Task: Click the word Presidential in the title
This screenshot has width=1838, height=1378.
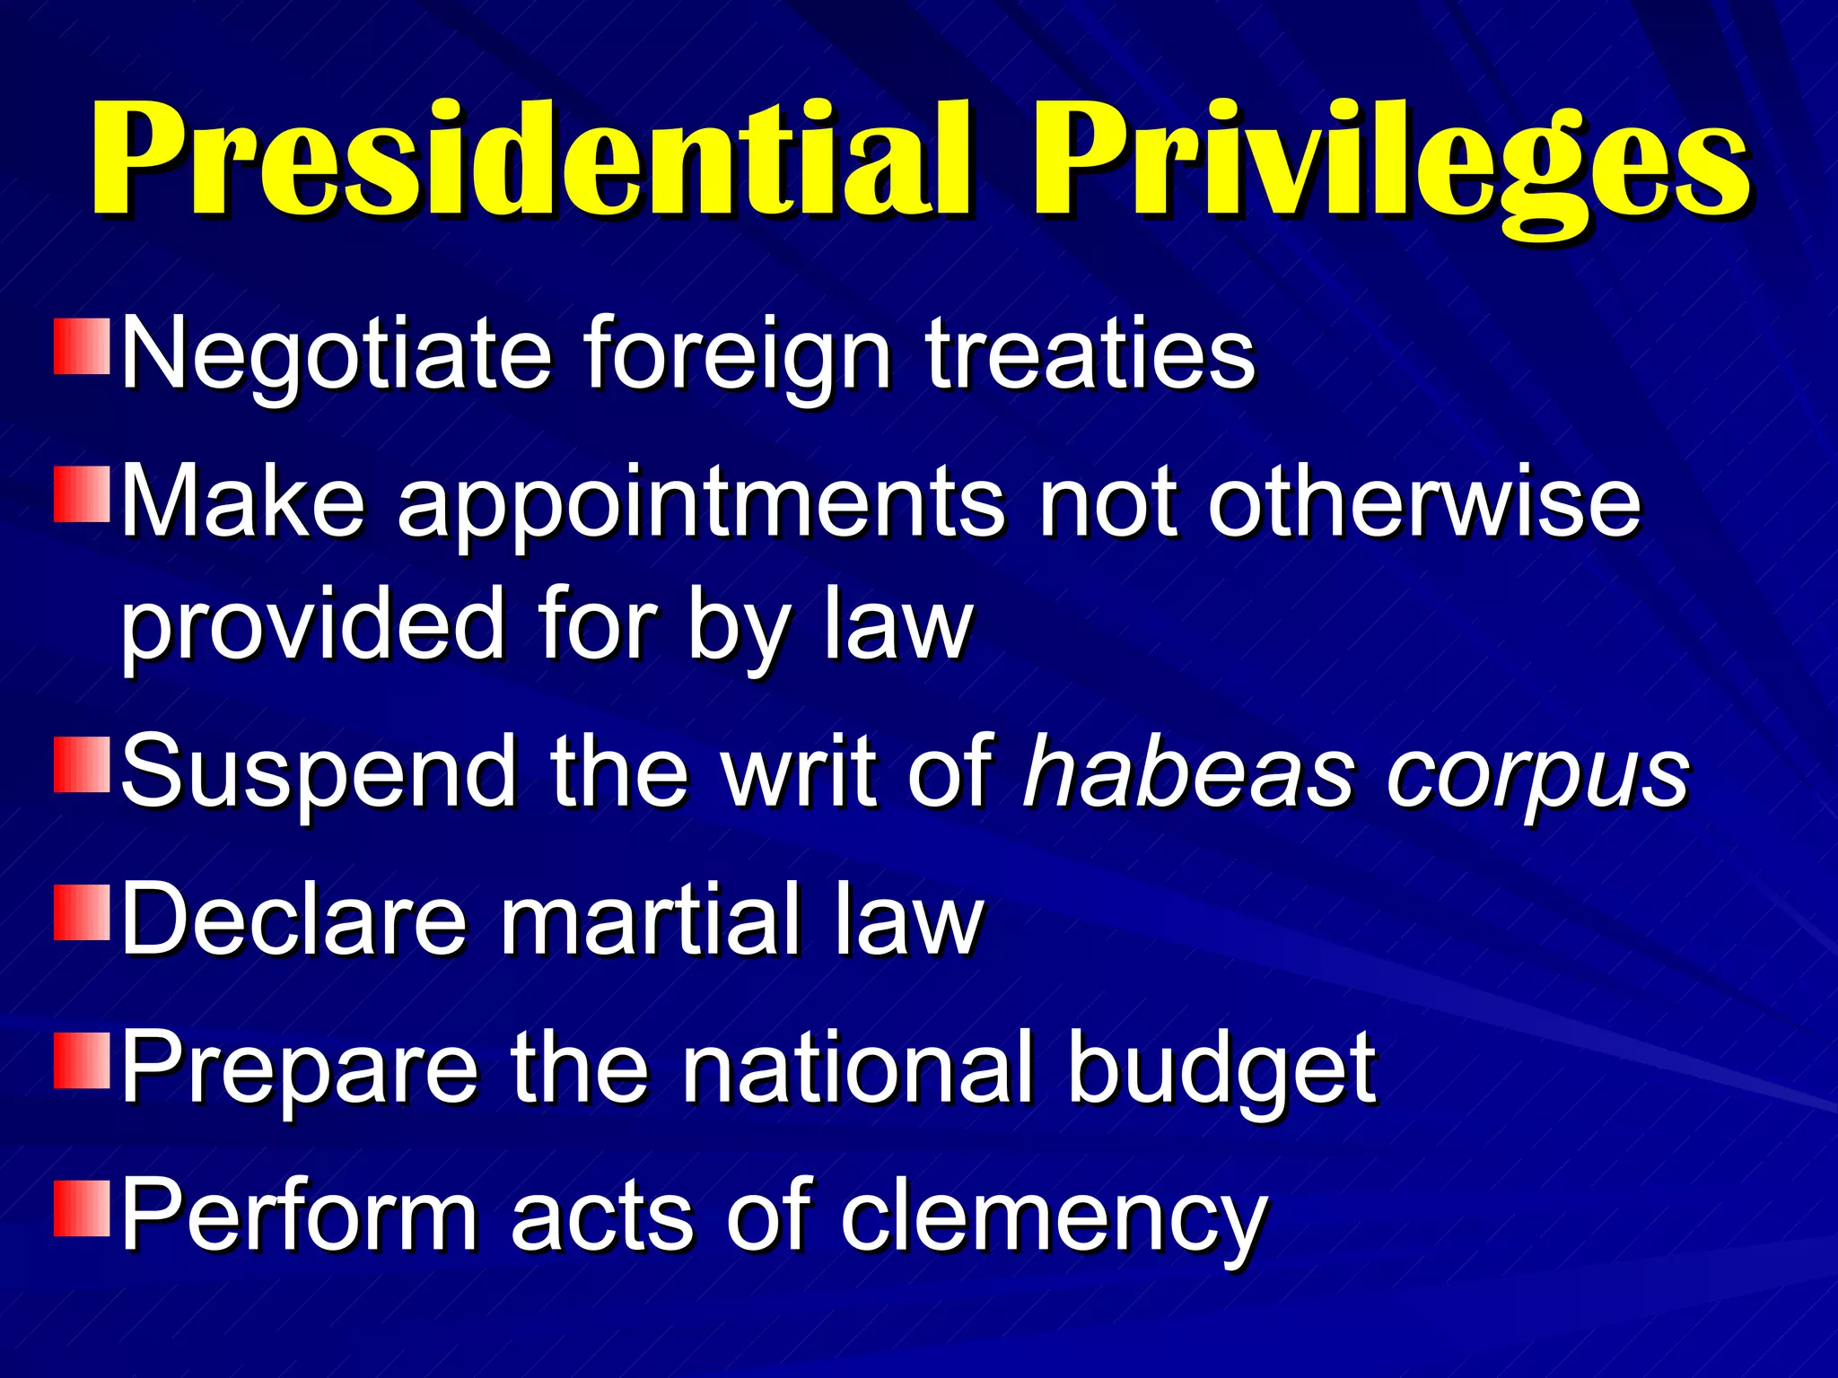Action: (530, 160)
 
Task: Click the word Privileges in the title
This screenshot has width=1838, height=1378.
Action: (1391, 166)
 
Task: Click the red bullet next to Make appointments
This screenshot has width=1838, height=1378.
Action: (82, 493)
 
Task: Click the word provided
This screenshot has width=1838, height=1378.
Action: (313, 625)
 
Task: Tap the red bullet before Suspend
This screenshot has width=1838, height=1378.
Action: (82, 765)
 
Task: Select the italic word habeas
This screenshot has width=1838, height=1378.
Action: (1188, 772)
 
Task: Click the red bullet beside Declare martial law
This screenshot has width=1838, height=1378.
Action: (82, 912)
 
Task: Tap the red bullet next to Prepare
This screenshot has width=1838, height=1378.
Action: (82, 1060)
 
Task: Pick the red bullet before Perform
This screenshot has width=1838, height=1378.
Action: (82, 1208)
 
